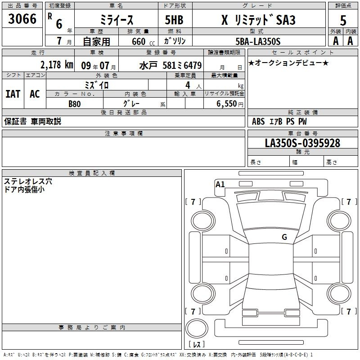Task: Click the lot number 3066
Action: (x=22, y=19)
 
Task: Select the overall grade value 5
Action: (x=343, y=21)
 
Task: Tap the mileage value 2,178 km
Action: (x=57, y=65)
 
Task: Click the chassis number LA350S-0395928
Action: (x=302, y=143)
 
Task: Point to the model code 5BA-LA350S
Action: (x=258, y=41)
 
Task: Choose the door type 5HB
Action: (x=174, y=20)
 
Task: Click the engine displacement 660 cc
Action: (x=143, y=42)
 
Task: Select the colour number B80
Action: (x=75, y=104)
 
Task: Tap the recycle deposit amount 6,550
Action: (x=227, y=104)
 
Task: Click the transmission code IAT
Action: (x=13, y=94)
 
